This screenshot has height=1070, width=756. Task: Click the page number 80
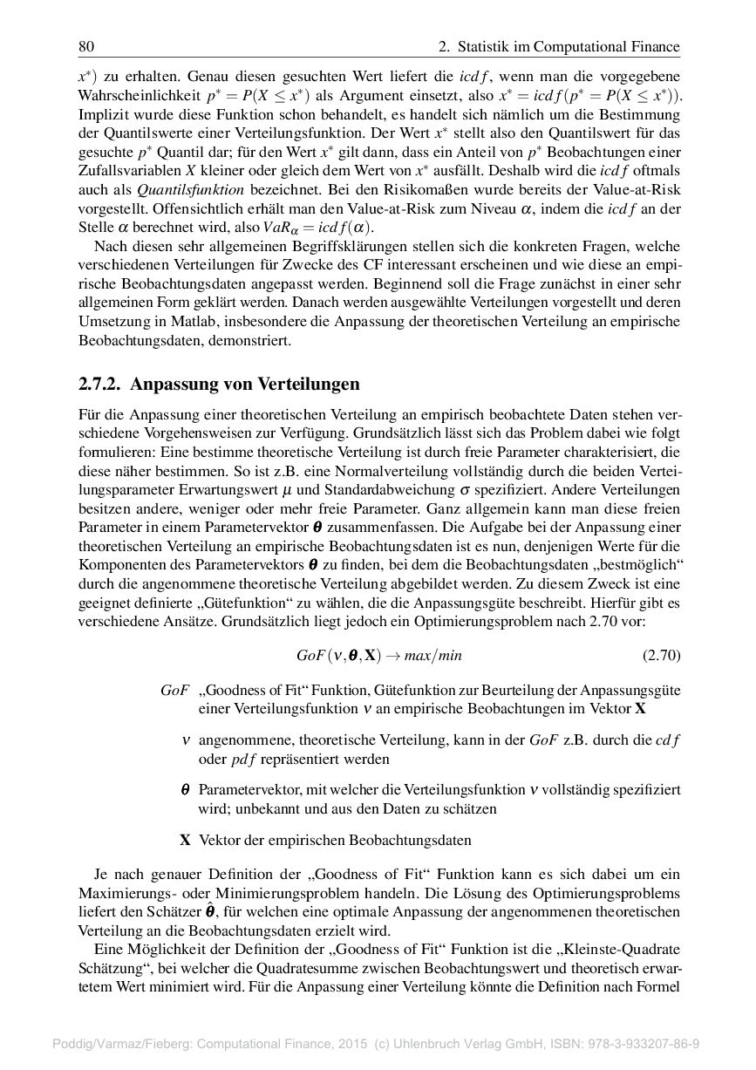[86, 46]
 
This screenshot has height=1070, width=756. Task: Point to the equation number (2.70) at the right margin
[661, 655]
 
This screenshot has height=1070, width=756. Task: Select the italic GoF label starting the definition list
[175, 690]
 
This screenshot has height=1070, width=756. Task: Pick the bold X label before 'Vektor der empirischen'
[185, 841]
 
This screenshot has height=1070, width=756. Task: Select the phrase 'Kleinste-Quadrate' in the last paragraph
[625, 951]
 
